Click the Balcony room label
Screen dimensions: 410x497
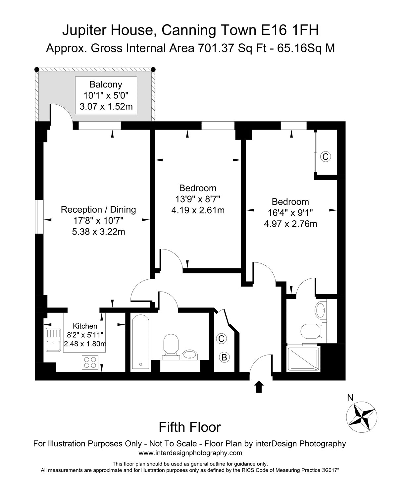point(106,84)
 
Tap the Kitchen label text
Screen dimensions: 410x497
point(85,326)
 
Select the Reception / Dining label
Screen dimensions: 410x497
point(98,209)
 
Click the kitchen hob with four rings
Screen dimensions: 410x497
point(90,362)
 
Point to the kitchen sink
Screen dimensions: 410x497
point(53,340)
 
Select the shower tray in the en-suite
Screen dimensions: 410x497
point(303,359)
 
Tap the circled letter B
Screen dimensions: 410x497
point(224,357)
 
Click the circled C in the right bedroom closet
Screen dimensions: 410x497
point(325,157)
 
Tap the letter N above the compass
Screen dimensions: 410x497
point(350,398)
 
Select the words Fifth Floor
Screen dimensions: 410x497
point(190,427)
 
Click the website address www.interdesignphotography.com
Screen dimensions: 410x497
point(190,453)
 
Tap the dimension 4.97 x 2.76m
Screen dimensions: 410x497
point(290,224)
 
